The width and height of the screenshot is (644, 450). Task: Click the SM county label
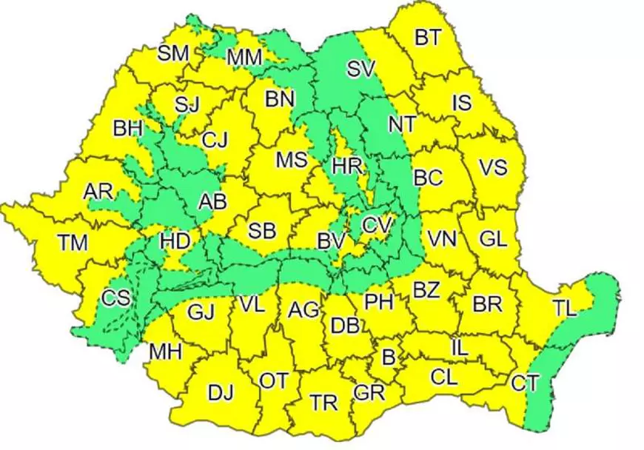coord(173,53)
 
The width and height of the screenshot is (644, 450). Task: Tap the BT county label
coord(427,38)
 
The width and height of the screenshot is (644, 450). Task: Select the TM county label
coord(73,241)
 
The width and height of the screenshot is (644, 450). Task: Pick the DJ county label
coord(220,392)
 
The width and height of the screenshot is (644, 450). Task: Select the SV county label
coord(362,70)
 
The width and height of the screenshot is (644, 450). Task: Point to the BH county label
coord(127,129)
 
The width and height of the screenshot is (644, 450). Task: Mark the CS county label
coord(115,298)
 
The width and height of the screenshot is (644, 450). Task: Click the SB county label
coord(261,231)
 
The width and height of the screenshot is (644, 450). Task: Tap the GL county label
coord(492,240)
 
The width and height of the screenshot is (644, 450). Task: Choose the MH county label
coord(165,351)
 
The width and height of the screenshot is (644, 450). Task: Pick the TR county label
coord(323,403)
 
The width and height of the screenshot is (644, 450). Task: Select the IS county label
coord(461,103)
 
